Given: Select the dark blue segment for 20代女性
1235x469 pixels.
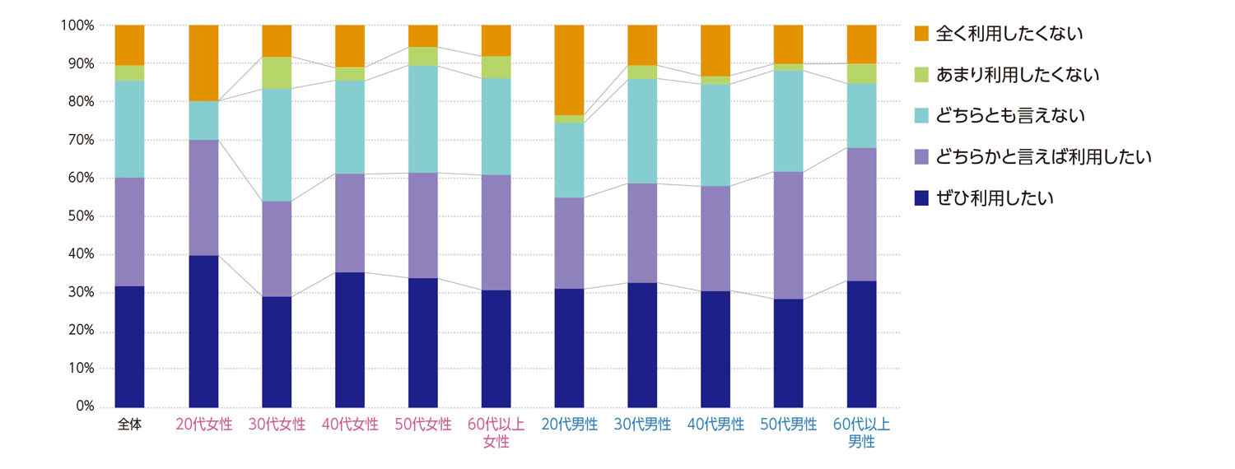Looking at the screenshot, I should (203, 331).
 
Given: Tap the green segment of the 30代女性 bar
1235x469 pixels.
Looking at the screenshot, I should (277, 72).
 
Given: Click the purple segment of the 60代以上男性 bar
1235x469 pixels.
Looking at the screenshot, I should (861, 214).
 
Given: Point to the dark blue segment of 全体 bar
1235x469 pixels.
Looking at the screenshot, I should (130, 346).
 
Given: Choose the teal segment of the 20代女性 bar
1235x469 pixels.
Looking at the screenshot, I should (203, 120).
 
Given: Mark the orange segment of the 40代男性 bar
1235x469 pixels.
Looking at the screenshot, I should (715, 50).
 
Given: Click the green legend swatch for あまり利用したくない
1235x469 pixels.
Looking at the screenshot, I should (921, 75).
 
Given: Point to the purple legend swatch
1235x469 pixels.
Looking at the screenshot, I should (921, 157).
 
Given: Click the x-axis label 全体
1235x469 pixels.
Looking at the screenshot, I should (130, 425).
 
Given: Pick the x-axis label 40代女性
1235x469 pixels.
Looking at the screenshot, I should (350, 425).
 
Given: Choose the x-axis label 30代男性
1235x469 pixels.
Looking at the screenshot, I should (642, 425).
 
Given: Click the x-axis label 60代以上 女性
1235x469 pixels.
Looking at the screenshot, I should (496, 434).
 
